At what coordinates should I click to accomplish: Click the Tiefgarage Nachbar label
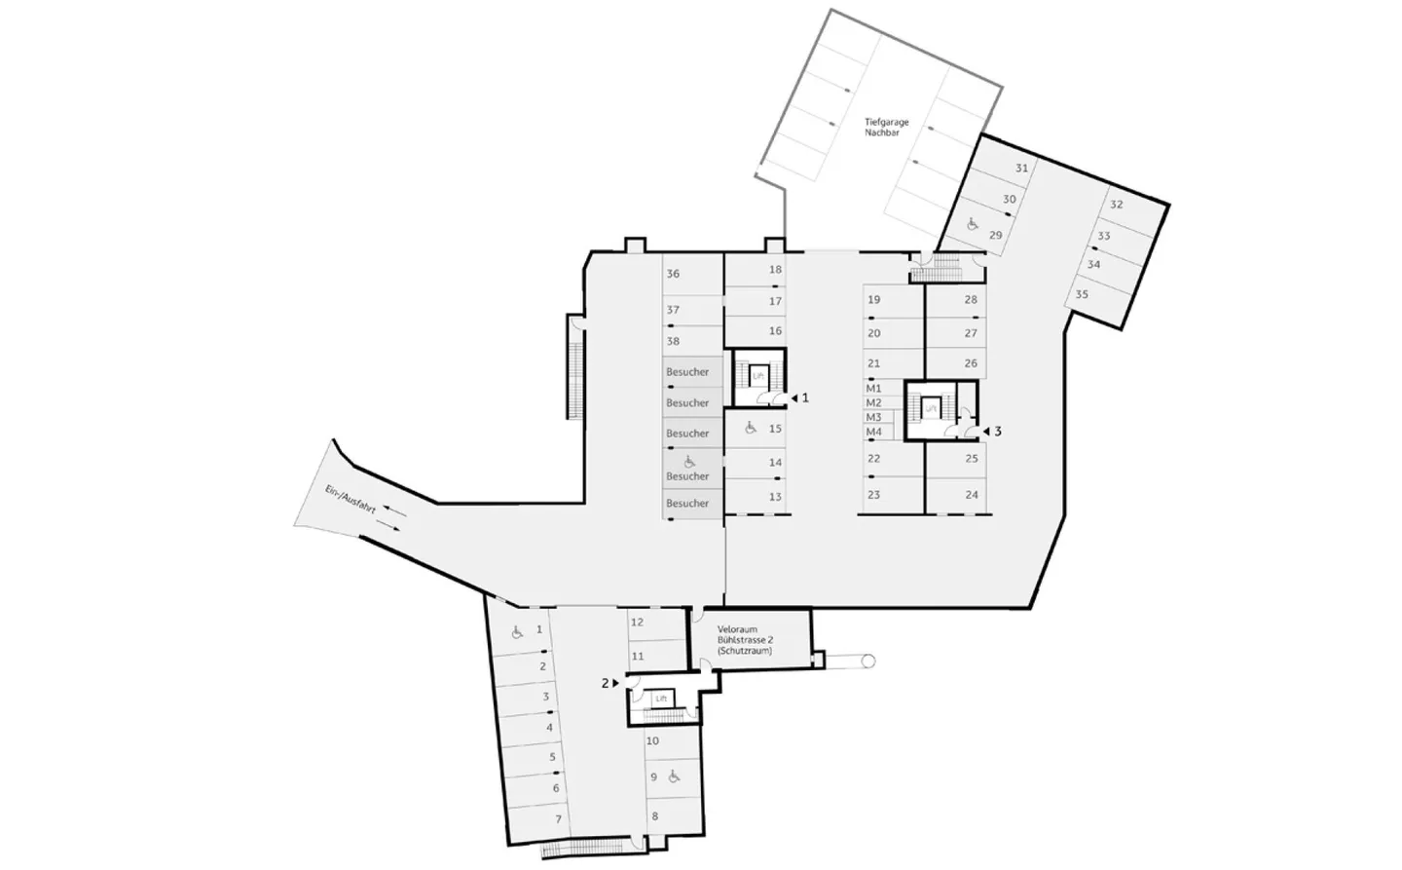[886, 128]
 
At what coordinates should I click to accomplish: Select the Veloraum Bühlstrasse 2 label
[745, 640]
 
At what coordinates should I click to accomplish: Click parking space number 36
[673, 275]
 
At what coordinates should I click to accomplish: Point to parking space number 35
[1082, 294]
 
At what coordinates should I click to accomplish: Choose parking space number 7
[558, 819]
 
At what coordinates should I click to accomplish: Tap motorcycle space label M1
[873, 389]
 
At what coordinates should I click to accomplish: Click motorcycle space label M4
[873, 432]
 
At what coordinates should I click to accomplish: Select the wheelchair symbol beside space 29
[971, 224]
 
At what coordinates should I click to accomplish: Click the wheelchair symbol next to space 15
[751, 427]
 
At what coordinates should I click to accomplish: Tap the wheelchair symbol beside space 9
[674, 776]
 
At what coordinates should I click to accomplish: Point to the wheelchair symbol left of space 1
[516, 631]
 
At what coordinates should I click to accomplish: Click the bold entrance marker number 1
[804, 397]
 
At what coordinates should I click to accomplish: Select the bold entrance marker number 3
[997, 431]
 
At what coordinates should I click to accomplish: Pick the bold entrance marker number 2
[605, 684]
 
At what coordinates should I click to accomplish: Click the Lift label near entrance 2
[661, 699]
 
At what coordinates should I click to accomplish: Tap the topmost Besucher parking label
[687, 372]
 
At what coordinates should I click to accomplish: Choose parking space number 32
[1117, 206]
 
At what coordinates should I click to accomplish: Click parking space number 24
[971, 495]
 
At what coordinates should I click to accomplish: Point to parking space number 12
[637, 622]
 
